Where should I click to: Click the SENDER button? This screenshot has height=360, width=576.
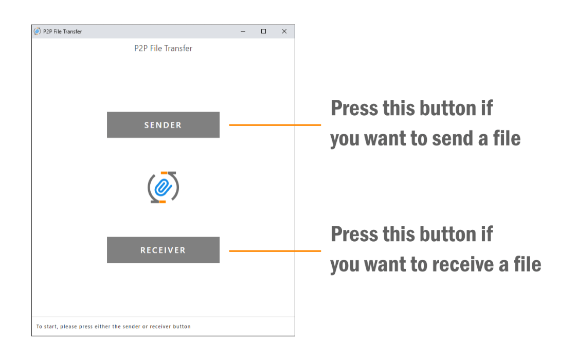(163, 125)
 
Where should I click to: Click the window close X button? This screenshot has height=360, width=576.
(284, 31)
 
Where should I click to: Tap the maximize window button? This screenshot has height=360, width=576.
(263, 31)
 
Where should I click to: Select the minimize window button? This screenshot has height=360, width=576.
(243, 31)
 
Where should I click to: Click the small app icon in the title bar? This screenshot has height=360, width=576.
(37, 31)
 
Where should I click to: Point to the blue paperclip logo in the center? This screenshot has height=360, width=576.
(163, 187)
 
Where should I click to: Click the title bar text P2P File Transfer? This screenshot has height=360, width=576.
(62, 31)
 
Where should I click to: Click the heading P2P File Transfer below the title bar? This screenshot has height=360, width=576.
(163, 48)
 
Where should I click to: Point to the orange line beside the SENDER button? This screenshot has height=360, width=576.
(275, 125)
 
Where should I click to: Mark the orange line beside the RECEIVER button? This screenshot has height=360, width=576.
(275, 251)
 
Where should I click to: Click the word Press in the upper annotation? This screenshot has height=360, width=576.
(354, 108)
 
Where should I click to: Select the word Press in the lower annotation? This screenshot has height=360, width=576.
(354, 234)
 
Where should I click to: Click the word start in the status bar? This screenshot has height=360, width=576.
(51, 327)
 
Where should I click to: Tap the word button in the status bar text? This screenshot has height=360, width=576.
(182, 327)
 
